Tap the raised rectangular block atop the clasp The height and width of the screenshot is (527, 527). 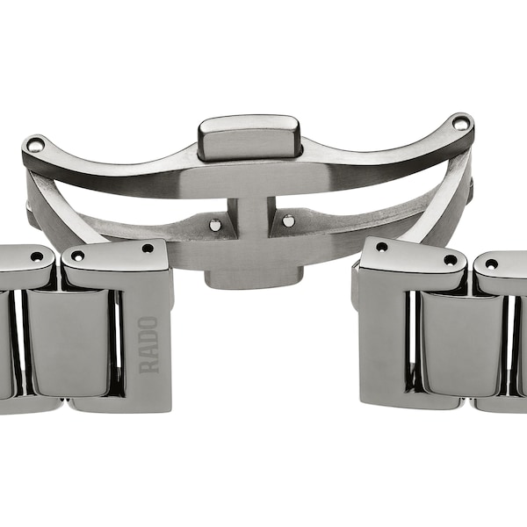pyautogui.click(x=249, y=137)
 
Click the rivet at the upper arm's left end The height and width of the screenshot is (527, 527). pyautogui.click(x=34, y=145)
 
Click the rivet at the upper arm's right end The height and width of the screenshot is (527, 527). pyautogui.click(x=460, y=124)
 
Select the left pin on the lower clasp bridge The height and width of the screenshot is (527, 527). pyautogui.click(x=214, y=225)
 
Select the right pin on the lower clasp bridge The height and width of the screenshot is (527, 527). pyautogui.click(x=287, y=220)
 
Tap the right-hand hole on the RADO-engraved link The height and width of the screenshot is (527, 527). pyautogui.click(x=148, y=249)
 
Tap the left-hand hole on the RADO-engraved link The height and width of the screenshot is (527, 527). pyautogui.click(x=77, y=256)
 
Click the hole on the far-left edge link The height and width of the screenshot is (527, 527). pyautogui.click(x=36, y=256)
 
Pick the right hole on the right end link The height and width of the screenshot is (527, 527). pyautogui.click(x=450, y=259)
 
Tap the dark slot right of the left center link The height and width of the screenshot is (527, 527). pyautogui.click(x=115, y=343)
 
